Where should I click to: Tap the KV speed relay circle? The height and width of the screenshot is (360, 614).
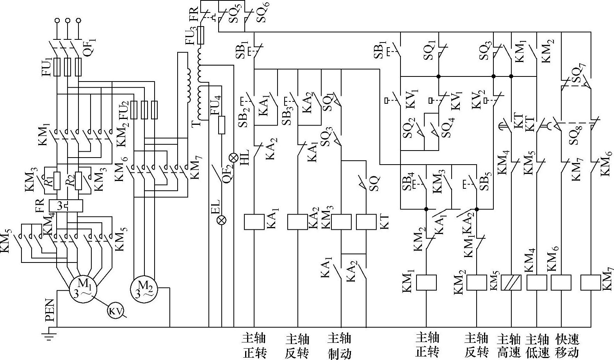click(x=116, y=311)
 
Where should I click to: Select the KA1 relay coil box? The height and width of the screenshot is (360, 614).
click(x=254, y=222)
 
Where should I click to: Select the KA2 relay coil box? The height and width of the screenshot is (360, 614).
click(x=297, y=222)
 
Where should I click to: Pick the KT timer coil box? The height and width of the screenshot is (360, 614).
click(x=366, y=222)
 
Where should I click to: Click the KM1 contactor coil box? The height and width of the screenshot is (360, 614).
click(x=426, y=282)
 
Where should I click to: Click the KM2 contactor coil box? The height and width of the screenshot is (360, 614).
click(x=477, y=282)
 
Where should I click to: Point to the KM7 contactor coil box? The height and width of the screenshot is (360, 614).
click(x=591, y=282)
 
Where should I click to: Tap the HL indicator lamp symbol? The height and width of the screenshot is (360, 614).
click(x=233, y=158)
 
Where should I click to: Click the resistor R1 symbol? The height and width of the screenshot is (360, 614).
click(x=57, y=180)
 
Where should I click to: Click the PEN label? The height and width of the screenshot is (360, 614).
click(x=50, y=310)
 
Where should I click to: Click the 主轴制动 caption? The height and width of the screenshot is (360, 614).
click(x=340, y=346)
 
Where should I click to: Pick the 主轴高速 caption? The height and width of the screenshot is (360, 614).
click(x=509, y=346)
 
